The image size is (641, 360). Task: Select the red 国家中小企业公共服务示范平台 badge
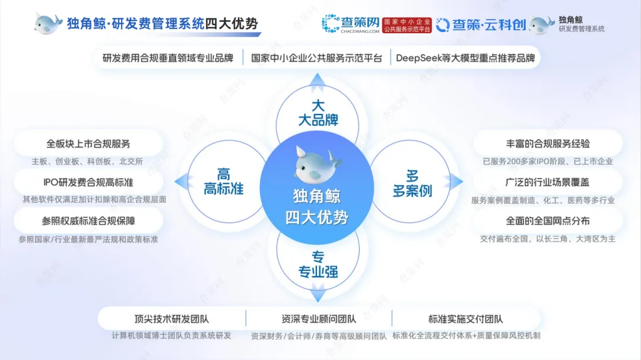[x=407, y=24]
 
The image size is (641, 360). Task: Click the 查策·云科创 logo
[x=480, y=24]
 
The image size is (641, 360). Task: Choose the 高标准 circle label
[x=223, y=182]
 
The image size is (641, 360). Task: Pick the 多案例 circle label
[x=412, y=183]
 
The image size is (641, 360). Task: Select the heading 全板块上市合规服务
[x=88, y=144]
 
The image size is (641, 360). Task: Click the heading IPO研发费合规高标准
[x=88, y=182]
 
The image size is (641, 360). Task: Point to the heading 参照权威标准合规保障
[x=88, y=221]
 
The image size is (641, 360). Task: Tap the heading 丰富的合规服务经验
[x=548, y=144]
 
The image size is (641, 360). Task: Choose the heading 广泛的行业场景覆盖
[x=548, y=182]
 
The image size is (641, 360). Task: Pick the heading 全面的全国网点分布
[x=548, y=221]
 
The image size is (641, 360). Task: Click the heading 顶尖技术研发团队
[x=171, y=319]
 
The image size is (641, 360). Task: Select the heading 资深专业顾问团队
[x=319, y=319]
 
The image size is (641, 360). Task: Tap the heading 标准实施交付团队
[x=466, y=319]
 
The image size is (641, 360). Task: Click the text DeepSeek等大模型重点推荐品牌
[x=465, y=58]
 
